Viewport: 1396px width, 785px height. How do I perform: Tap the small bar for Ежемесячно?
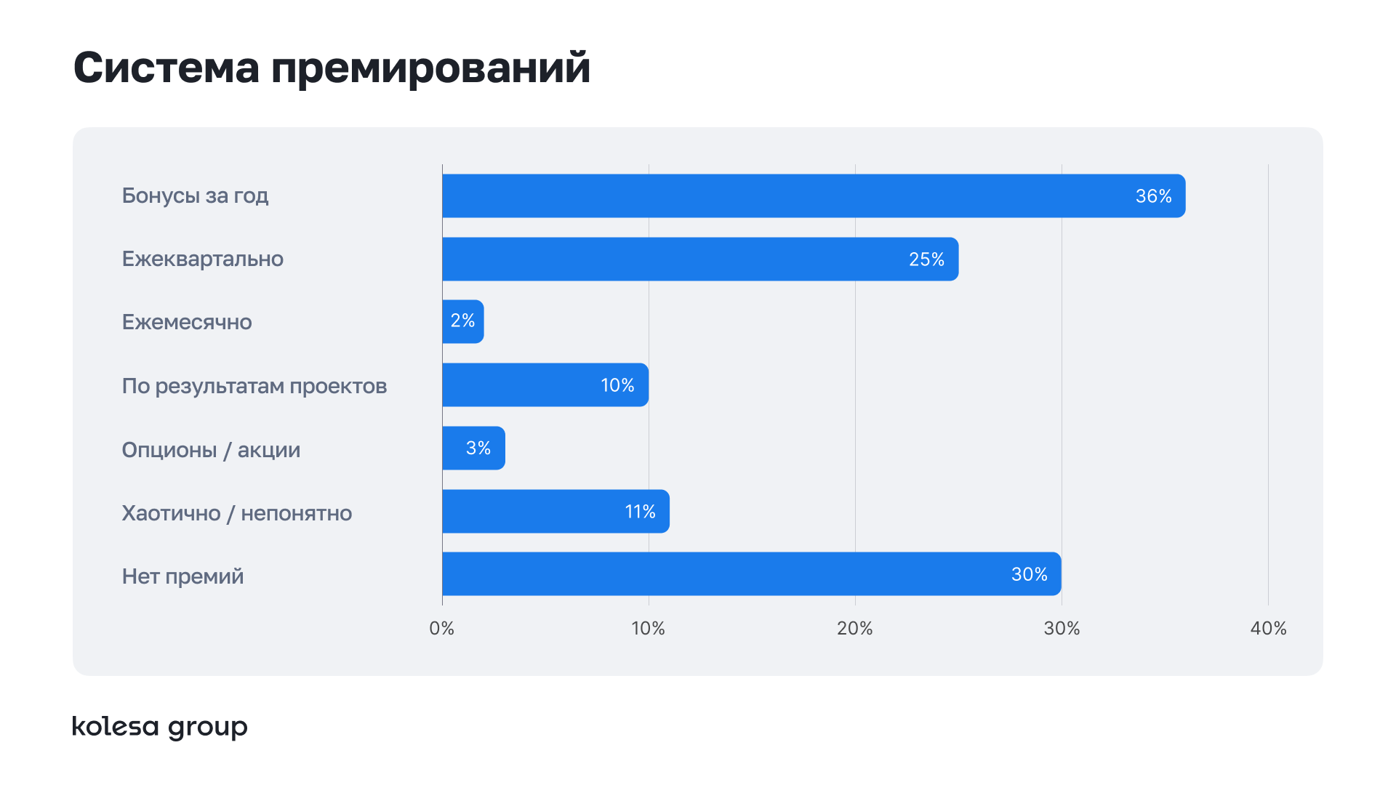(463, 321)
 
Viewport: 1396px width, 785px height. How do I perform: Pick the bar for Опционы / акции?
(473, 448)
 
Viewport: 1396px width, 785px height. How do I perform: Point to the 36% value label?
(1153, 196)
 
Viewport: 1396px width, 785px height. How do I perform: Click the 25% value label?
(926, 259)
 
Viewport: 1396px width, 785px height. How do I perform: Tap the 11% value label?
(640, 512)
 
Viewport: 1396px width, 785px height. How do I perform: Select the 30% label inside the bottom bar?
(1029, 574)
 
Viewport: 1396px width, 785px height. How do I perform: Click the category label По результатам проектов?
(254, 386)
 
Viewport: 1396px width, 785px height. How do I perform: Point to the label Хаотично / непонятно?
(236, 513)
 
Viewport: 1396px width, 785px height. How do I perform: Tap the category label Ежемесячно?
(187, 322)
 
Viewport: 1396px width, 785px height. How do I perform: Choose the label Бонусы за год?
(195, 196)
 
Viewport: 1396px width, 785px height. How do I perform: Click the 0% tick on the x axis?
(441, 629)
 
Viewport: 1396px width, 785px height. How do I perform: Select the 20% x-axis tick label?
(854, 629)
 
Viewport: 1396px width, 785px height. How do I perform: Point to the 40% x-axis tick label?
(1268, 629)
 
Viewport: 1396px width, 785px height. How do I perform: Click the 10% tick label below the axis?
(648, 629)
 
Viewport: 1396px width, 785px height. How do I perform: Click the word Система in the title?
(167, 68)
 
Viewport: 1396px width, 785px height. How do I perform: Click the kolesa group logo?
(159, 727)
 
